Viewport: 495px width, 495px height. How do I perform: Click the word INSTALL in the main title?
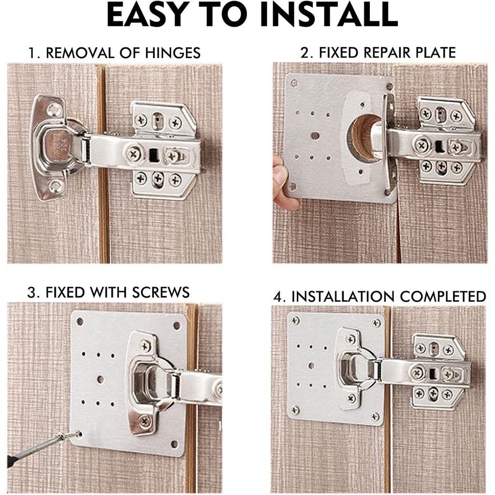pyautogui.click(x=328, y=15)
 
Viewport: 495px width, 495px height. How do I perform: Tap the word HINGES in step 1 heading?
pyautogui.click(x=173, y=53)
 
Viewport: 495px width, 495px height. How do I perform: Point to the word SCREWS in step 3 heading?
pyautogui.click(x=160, y=292)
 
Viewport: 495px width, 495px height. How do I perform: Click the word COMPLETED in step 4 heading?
pyautogui.click(x=443, y=296)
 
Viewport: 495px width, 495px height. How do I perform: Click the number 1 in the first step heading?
pyautogui.click(x=31, y=53)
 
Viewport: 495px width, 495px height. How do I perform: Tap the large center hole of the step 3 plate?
pyautogui.click(x=101, y=379)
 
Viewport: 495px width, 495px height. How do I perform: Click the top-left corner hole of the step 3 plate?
pyautogui.click(x=80, y=322)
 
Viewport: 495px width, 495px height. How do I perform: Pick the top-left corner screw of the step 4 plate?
pyautogui.click(x=295, y=321)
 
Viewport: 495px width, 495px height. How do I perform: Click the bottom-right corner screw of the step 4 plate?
pyautogui.click(x=375, y=417)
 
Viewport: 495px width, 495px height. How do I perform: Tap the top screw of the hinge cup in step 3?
pyautogui.click(x=145, y=346)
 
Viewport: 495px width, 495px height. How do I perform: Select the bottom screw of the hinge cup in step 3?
pyautogui.click(x=145, y=421)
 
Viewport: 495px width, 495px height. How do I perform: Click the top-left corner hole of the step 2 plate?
pyautogui.click(x=294, y=84)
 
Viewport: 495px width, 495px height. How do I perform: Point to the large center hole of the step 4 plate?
pyautogui.click(x=311, y=366)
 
